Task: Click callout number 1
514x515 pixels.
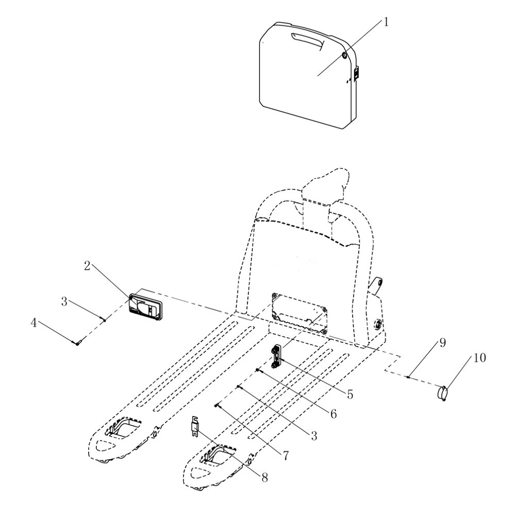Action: click(386, 22)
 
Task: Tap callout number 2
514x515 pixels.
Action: click(87, 266)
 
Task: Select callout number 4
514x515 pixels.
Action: click(34, 323)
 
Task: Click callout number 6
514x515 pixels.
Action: click(334, 414)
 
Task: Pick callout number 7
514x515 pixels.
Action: click(285, 456)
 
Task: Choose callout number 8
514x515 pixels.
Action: click(264, 477)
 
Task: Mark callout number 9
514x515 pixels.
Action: click(443, 342)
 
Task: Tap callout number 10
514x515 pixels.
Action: click(479, 358)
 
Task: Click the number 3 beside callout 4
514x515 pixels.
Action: click(64, 301)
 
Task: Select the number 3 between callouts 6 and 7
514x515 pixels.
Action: click(314, 436)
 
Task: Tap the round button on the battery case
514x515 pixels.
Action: click(344, 55)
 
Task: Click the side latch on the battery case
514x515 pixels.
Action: click(356, 73)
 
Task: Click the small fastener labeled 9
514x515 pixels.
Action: click(408, 377)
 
